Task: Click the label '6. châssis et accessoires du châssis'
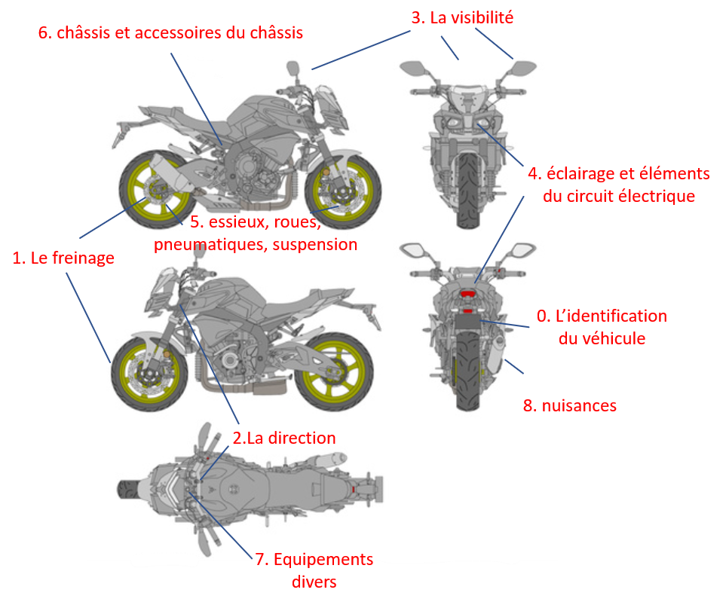tap(170, 33)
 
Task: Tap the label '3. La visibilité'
tap(462, 17)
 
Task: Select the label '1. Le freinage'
tap(63, 258)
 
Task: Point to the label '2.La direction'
tap(283, 438)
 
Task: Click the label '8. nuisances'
tap(569, 405)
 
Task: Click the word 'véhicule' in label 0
tap(602, 338)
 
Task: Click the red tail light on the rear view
tap(467, 294)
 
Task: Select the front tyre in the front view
tap(468, 191)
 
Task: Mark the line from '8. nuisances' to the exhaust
tap(514, 366)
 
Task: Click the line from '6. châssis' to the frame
tap(196, 99)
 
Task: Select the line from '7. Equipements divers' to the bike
tap(222, 526)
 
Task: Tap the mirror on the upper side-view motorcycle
tap(293, 68)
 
